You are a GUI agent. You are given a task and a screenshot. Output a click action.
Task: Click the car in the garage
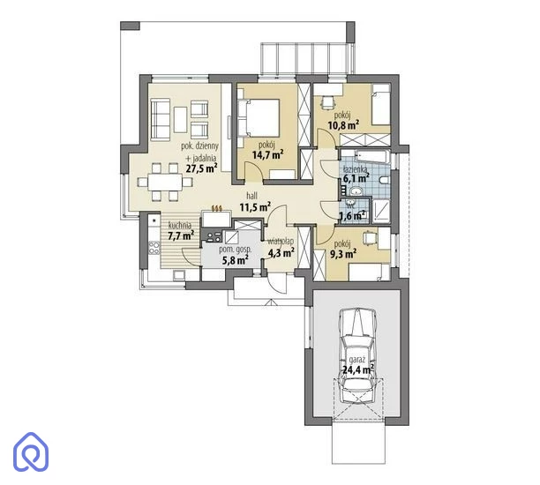(357, 354)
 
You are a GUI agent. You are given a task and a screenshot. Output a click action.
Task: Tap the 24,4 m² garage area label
(358, 369)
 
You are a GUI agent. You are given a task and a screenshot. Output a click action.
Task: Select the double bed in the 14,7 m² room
(259, 118)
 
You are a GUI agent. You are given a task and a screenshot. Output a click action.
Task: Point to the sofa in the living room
(161, 119)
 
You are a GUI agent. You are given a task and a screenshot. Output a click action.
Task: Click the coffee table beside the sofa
(181, 119)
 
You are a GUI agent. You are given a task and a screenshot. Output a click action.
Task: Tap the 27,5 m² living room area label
(201, 168)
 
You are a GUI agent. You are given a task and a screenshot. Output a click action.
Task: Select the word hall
(251, 196)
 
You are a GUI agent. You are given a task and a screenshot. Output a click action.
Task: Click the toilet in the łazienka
(384, 180)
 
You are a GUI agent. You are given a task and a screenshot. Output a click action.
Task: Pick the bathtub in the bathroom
(372, 157)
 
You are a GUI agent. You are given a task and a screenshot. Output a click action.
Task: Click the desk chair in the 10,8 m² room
(328, 101)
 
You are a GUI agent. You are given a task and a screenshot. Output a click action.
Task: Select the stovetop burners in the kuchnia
(154, 248)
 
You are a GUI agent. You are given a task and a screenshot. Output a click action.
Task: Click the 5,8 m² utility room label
(236, 260)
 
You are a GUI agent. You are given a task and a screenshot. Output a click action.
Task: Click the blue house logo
(31, 451)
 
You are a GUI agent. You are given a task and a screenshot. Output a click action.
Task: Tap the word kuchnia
(180, 226)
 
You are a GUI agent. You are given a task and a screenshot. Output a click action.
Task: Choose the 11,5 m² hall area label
(255, 207)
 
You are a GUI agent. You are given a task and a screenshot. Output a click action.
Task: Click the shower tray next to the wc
(381, 212)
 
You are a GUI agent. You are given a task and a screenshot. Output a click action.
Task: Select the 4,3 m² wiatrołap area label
(281, 253)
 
